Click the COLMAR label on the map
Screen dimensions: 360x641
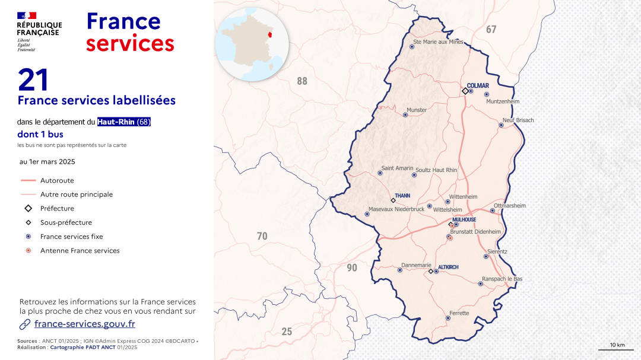click(x=478, y=86)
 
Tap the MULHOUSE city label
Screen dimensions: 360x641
click(x=464, y=219)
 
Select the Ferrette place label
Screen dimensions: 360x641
click(x=459, y=313)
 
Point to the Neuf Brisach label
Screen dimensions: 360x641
click(x=518, y=120)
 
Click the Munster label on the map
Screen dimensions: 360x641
click(x=416, y=110)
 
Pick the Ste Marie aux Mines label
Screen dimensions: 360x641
click(x=438, y=42)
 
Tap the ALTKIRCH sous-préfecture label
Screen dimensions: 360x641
click(x=448, y=267)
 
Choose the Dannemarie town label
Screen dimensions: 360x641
click(x=416, y=265)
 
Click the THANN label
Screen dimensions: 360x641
click(x=402, y=195)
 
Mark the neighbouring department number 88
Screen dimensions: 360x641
click(x=302, y=81)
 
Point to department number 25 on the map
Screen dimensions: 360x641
click(x=287, y=332)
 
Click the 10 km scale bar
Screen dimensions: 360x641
click(x=617, y=347)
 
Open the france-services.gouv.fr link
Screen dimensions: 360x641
click(x=85, y=324)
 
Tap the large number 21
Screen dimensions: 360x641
click(x=33, y=80)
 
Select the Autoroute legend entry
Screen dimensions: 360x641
click(x=57, y=180)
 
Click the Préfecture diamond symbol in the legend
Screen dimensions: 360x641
click(x=28, y=209)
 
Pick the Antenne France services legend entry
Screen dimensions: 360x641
click(x=80, y=251)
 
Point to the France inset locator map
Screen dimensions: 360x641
click(x=252, y=44)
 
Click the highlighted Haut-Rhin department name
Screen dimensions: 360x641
click(x=116, y=122)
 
